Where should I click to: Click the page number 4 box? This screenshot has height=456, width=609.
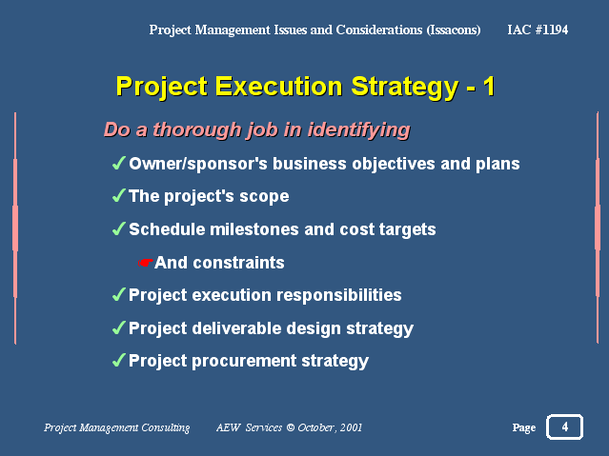[564, 427]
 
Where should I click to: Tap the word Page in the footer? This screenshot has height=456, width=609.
[523, 428]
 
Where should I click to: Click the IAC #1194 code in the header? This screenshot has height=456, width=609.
[538, 30]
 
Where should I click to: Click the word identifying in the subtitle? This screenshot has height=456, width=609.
[357, 129]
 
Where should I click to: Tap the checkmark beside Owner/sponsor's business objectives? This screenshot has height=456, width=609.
[119, 164]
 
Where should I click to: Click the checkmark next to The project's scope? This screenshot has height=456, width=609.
[119, 196]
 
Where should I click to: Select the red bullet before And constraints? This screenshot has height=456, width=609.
[146, 262]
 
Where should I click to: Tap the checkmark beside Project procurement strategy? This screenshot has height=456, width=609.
[119, 361]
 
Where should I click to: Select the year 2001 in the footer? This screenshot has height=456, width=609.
[347, 428]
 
